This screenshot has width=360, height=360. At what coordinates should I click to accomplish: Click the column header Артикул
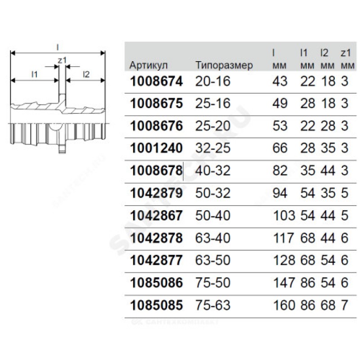(148, 65)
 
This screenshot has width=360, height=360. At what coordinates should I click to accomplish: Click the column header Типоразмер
(224, 65)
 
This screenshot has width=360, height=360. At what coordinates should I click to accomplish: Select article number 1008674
(156, 81)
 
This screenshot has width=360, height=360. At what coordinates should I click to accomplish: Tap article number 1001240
(156, 148)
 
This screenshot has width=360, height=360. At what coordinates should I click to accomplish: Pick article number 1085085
(156, 305)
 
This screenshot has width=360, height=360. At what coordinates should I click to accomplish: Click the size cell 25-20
(213, 126)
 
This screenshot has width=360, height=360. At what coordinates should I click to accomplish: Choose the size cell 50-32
(213, 193)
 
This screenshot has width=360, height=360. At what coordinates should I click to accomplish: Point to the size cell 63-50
(213, 260)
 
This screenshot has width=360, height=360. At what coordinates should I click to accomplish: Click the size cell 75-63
(213, 305)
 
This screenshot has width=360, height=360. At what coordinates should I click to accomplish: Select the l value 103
(284, 216)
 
